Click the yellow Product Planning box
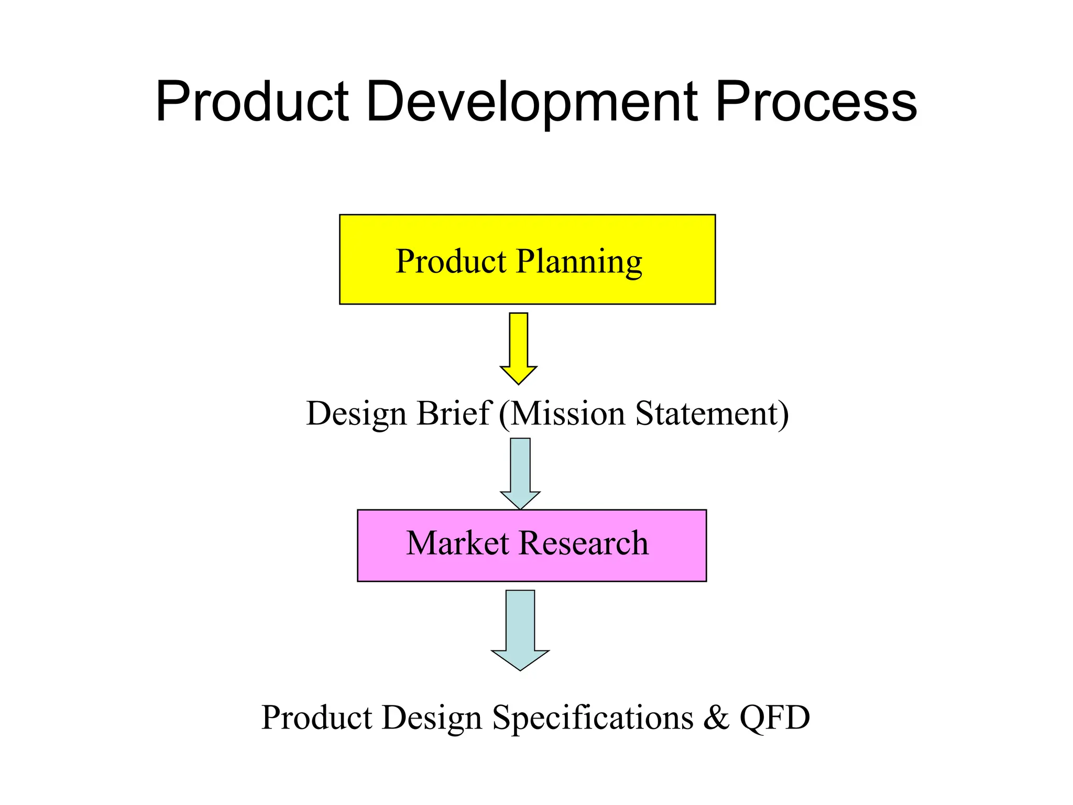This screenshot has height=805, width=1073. click(x=527, y=259)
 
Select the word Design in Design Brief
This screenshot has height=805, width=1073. click(x=356, y=414)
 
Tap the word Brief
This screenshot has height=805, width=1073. click(x=454, y=413)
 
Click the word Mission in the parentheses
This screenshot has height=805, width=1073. click(x=567, y=413)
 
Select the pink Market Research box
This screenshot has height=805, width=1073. click(x=531, y=545)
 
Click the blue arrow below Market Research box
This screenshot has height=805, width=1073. click(x=520, y=629)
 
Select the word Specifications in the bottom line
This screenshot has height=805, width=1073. click(x=593, y=717)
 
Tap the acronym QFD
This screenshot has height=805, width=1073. click(x=774, y=717)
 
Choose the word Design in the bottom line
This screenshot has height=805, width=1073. click(x=432, y=719)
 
